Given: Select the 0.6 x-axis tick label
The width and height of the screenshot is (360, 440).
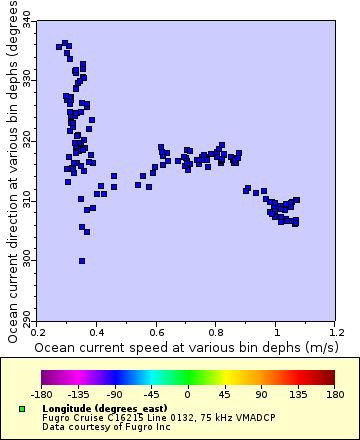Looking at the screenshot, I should click(157, 330).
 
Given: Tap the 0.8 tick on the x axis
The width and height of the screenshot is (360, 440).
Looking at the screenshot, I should click(217, 330).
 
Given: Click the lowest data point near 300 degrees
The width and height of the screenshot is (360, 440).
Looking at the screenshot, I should click(82, 261).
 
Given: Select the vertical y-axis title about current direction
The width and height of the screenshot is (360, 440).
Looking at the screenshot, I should click(11, 170).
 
